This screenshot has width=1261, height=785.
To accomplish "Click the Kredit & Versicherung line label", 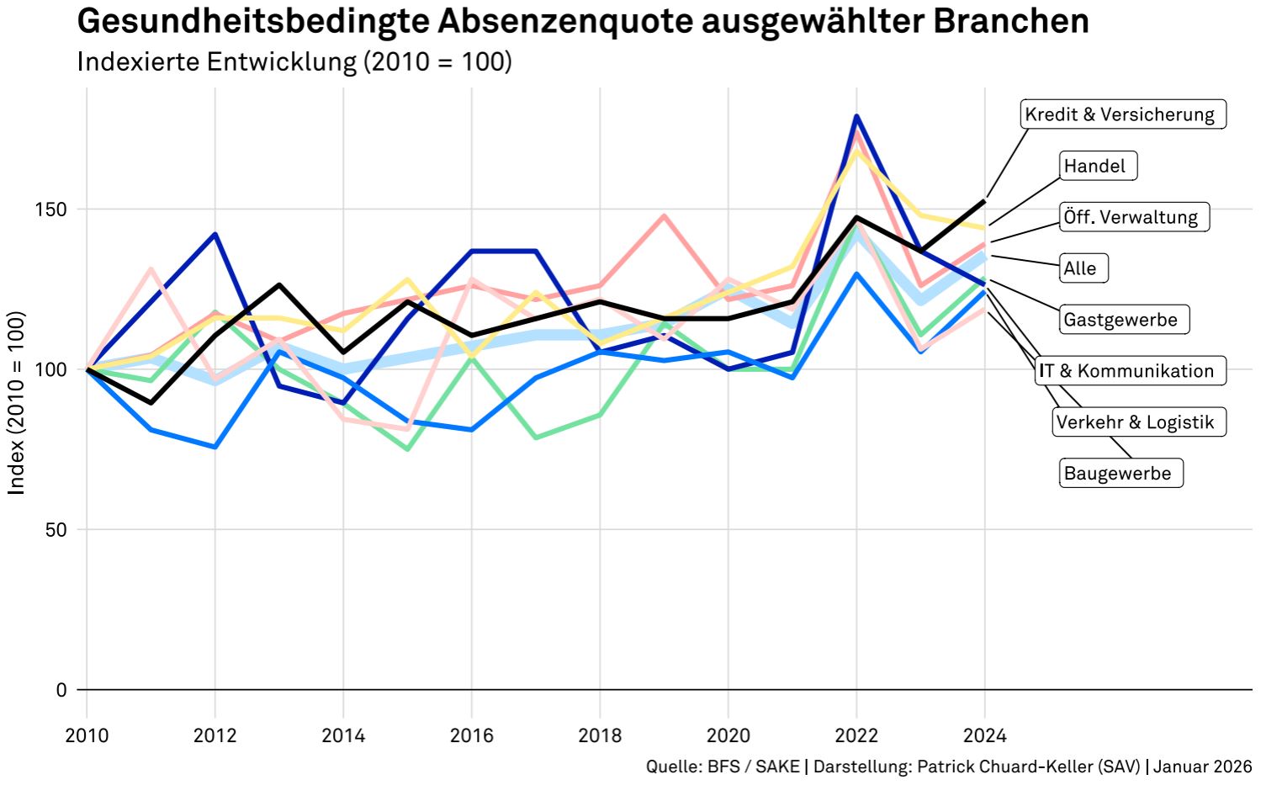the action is [1122, 114].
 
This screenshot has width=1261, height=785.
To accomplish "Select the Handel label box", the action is [1099, 166].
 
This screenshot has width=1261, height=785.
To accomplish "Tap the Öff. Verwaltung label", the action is [1134, 217].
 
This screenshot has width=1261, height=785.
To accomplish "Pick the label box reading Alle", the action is [1084, 268].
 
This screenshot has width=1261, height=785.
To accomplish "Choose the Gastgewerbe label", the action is [1124, 319].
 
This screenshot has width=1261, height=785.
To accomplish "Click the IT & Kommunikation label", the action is [1131, 370].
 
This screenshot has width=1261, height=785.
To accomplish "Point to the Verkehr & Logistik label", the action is [1139, 422].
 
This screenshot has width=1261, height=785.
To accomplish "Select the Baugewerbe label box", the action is [1121, 473].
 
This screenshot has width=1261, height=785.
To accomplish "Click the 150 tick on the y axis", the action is [50, 210].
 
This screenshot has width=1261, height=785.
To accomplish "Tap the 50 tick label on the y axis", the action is [56, 530].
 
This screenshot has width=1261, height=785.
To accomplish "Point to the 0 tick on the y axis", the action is [61, 690].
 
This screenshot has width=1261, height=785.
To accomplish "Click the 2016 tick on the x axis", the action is [471, 735].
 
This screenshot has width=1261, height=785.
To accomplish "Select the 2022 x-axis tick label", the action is [856, 735].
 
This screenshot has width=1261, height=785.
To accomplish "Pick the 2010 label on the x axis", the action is [87, 735].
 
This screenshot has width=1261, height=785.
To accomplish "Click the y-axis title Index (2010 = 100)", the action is [16, 403].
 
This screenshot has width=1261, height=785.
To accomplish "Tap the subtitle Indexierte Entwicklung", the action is [216, 61].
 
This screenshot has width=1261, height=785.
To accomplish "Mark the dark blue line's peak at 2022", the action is [856, 116].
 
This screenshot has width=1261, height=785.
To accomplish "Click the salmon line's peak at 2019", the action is [665, 215].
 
